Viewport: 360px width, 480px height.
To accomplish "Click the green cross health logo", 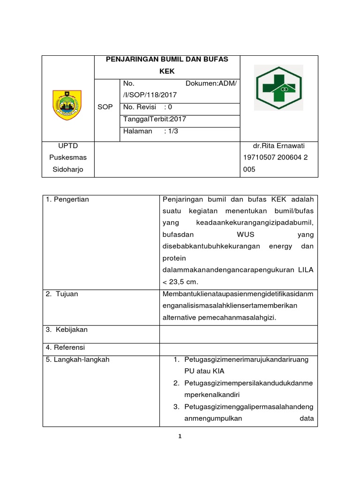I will tap(278, 88).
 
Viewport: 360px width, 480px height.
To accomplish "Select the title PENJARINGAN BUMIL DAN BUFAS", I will tap(167, 59).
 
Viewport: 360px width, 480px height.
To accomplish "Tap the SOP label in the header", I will tap(105, 107).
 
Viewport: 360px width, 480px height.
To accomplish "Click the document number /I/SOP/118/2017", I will tap(150, 95).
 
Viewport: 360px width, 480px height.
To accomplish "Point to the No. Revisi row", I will tap(148, 107).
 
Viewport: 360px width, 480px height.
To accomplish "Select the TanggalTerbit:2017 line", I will tap(154, 119).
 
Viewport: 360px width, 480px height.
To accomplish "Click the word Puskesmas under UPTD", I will tap(68, 157).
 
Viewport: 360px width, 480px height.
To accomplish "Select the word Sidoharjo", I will tap(68, 169).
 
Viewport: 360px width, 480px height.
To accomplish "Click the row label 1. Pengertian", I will tap(67, 200).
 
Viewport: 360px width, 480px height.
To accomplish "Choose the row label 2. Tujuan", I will tap(62, 294).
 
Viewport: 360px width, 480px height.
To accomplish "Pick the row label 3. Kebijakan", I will tap(67, 330).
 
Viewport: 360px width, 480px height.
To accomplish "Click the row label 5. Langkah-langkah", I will tap(77, 360).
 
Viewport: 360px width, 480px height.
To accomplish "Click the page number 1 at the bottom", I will tap(180, 437).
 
